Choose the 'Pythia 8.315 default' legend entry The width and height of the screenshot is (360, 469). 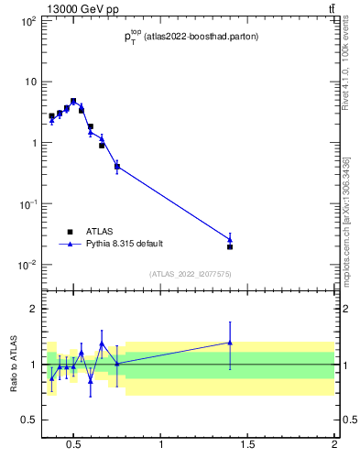[x=124, y=244]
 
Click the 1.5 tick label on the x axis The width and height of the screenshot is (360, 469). [x=247, y=446]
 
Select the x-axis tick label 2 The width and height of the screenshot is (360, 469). [x=334, y=446]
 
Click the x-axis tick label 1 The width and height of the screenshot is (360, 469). [x=161, y=446]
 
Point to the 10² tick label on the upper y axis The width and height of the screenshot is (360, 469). [x=27, y=20]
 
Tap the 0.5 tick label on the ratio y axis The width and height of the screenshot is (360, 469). [x=27, y=420]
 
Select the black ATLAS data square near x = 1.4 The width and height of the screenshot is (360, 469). [x=230, y=246]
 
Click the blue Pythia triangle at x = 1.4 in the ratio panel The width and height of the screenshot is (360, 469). [x=230, y=343]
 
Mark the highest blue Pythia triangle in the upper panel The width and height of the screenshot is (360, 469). [x=73, y=102]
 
